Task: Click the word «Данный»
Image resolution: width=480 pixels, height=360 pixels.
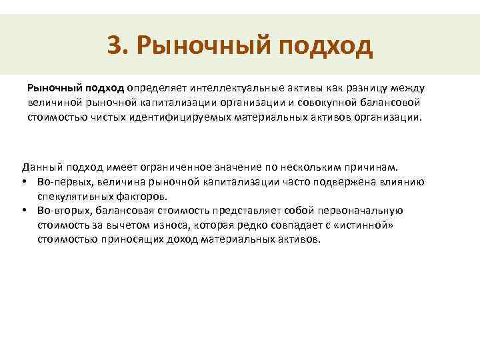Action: tap(39, 167)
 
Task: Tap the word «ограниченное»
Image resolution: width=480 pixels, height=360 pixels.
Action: tap(181, 167)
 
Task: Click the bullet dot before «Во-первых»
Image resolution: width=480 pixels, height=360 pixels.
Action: tap(25, 181)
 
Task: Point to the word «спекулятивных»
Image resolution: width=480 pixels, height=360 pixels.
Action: tap(71, 196)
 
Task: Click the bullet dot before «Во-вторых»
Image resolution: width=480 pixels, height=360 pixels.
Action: tap(25, 211)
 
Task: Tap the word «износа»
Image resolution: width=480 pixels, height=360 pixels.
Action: tap(155, 225)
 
